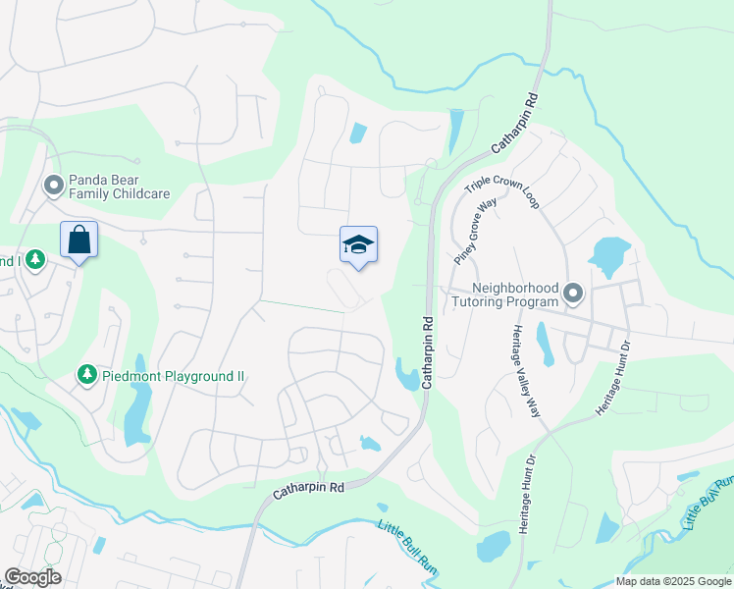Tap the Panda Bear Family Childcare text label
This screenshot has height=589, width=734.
point(118,187)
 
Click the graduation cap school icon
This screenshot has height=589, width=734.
point(358,245)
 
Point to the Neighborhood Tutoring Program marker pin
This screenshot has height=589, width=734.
point(573,293)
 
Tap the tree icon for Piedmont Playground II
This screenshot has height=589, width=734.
point(86,375)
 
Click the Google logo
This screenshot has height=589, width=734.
point(32,577)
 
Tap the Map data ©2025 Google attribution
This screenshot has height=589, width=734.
point(673,581)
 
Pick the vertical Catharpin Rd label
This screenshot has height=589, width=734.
point(428,350)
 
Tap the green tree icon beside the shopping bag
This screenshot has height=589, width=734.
point(35,259)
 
